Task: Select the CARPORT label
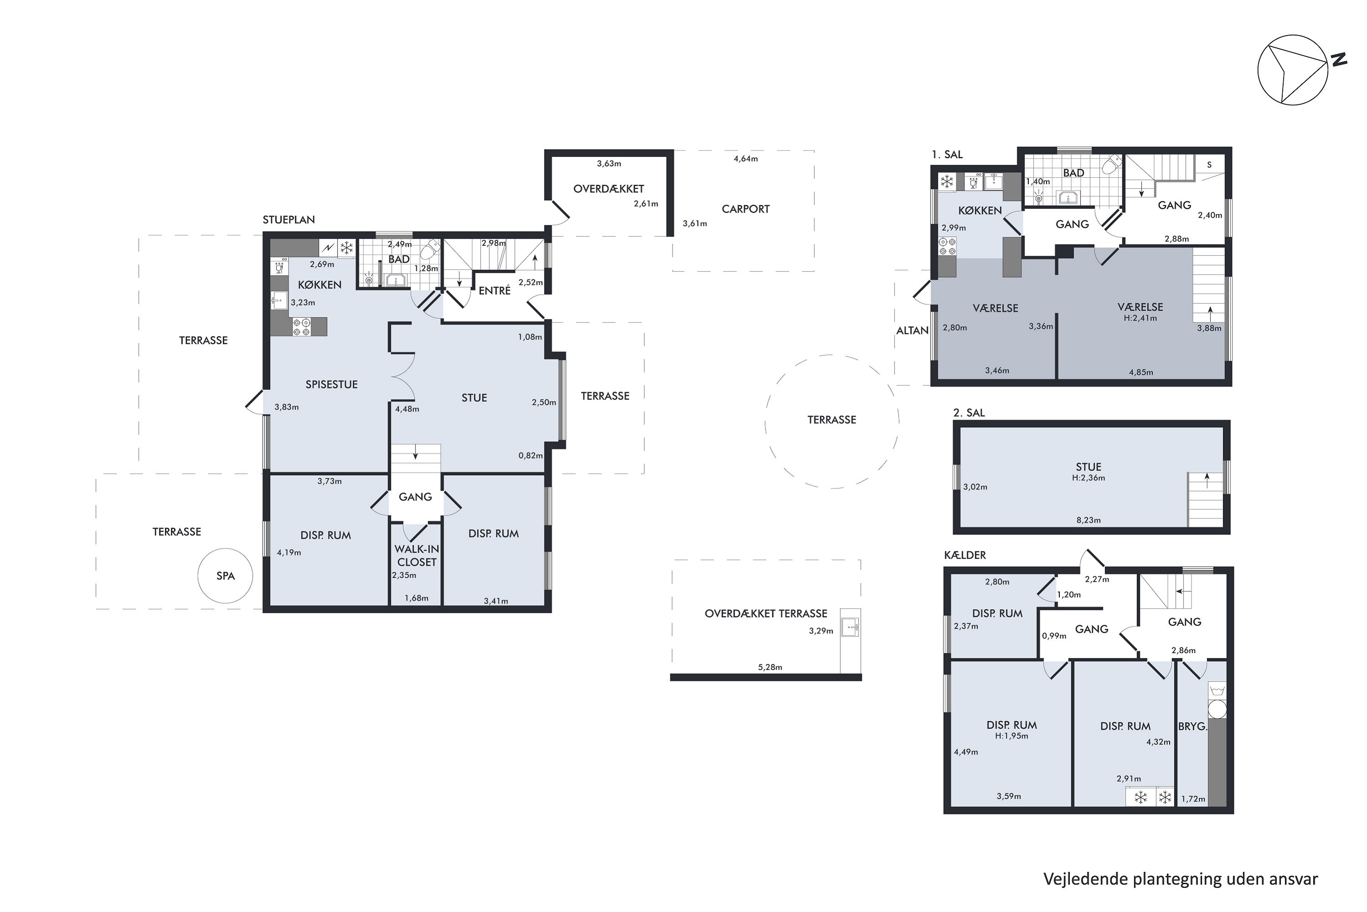click(745, 209)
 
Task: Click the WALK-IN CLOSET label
click(417, 555)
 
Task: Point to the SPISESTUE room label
click(331, 384)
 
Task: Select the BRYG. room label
click(1192, 726)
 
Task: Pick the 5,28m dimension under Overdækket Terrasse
click(770, 667)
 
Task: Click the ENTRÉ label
click(494, 290)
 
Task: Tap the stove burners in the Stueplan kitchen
click(301, 327)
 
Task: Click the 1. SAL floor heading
click(947, 155)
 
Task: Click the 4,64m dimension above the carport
click(745, 159)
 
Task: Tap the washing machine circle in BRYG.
click(1217, 710)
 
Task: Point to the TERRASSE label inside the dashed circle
click(831, 420)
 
